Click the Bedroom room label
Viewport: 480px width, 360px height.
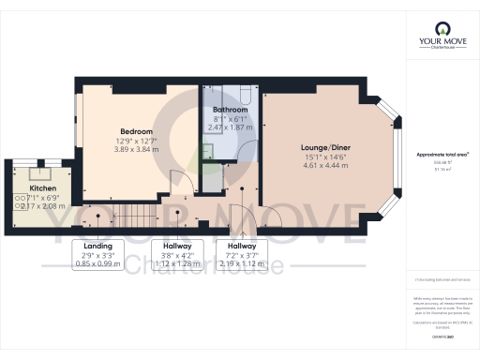point(137,131)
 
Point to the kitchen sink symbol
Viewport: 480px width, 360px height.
point(40,173)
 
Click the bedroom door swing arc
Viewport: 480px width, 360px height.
point(178,183)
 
